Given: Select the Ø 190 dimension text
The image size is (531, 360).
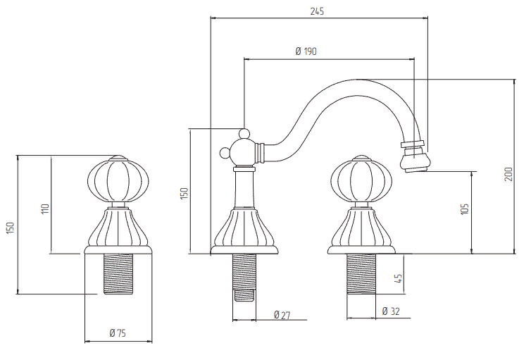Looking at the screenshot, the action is (x=305, y=51).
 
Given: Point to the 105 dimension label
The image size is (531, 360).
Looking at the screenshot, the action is (x=465, y=209).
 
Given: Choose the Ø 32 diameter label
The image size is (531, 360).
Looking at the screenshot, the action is (x=391, y=311).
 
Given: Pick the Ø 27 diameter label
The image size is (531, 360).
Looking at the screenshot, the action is (x=282, y=314).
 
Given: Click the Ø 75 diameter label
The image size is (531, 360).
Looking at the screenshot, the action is (x=117, y=333).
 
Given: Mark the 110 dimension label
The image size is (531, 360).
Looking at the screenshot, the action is (x=44, y=209).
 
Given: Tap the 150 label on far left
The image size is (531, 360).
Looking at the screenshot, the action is (x=10, y=228).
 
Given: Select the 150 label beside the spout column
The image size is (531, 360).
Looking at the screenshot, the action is (x=185, y=193).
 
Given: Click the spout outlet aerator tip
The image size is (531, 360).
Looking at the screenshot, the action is (x=415, y=163).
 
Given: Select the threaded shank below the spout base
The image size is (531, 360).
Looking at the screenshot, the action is (x=245, y=275).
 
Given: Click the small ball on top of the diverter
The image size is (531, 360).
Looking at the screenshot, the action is (x=244, y=132).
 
